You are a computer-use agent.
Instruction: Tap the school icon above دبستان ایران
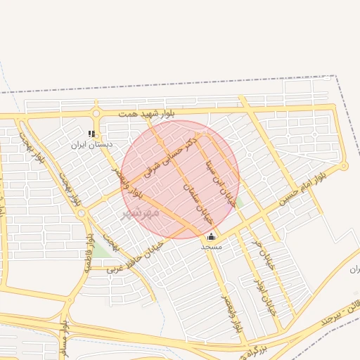point(91,133)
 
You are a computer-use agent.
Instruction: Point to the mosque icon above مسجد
point(211,236)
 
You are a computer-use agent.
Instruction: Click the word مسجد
point(211,247)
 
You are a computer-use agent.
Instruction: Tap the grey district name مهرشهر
point(141,212)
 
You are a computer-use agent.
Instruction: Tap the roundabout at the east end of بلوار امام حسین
point(344,166)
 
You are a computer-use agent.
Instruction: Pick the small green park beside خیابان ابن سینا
point(239,202)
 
